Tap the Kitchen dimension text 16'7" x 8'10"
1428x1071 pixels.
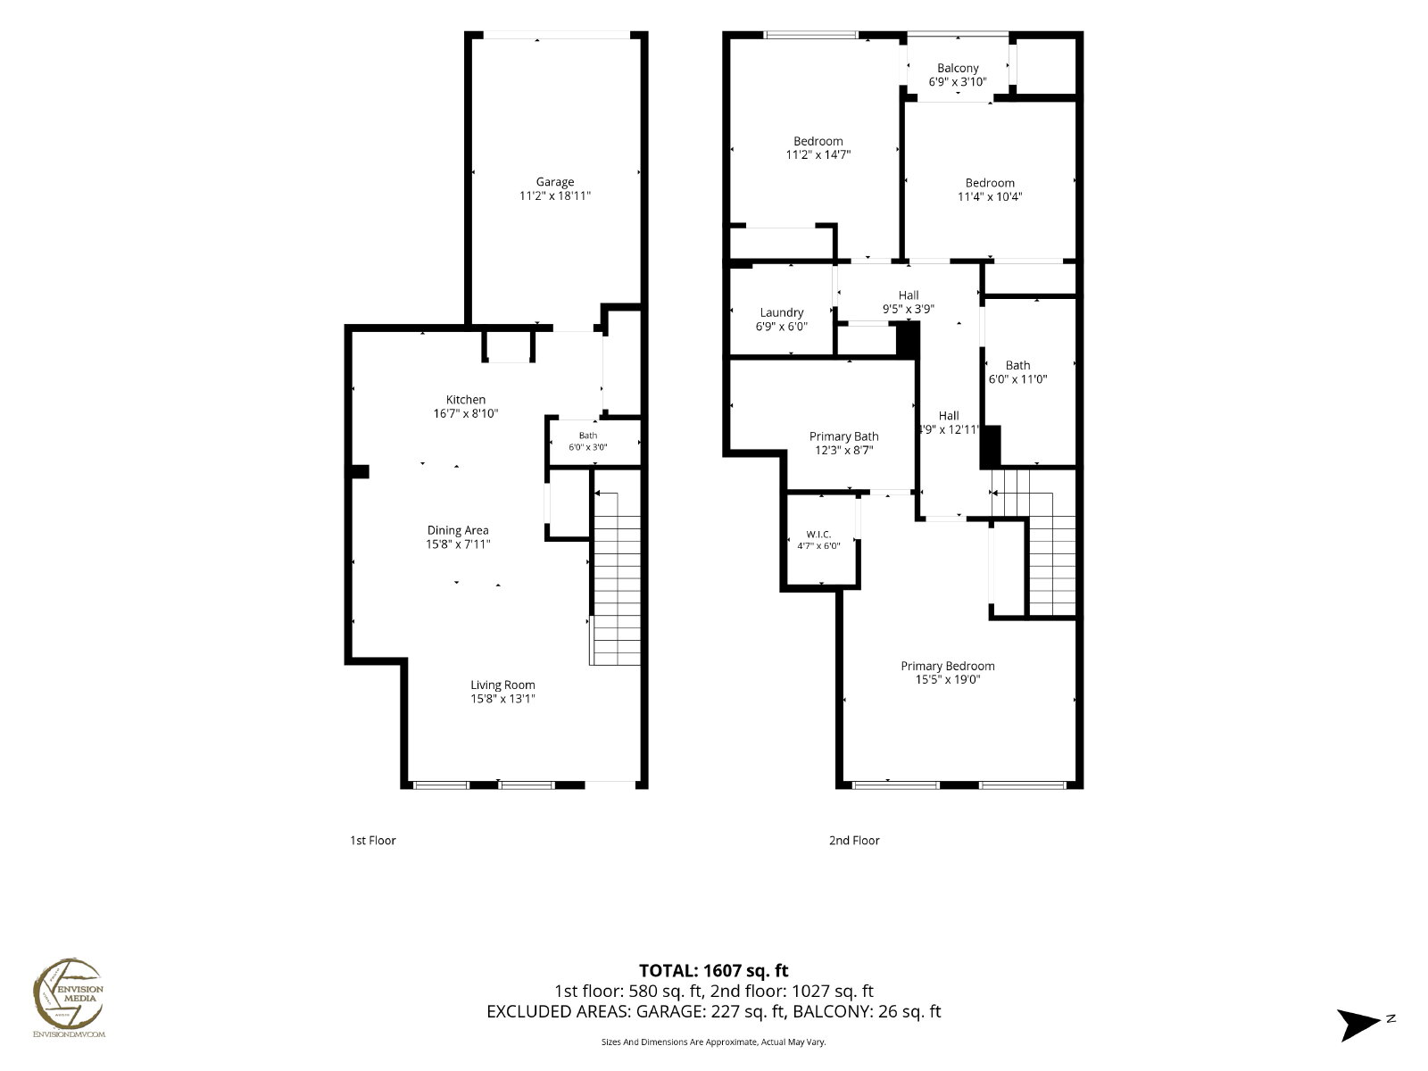click(x=466, y=413)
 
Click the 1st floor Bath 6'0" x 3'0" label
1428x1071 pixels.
click(x=588, y=442)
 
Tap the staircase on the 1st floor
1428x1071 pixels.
click(x=616, y=578)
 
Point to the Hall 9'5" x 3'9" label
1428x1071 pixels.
click(x=909, y=302)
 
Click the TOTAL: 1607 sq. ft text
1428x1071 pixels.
click(x=714, y=971)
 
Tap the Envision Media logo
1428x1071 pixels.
click(x=69, y=998)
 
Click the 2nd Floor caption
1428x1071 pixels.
click(x=854, y=840)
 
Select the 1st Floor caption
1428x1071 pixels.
click(x=373, y=840)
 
